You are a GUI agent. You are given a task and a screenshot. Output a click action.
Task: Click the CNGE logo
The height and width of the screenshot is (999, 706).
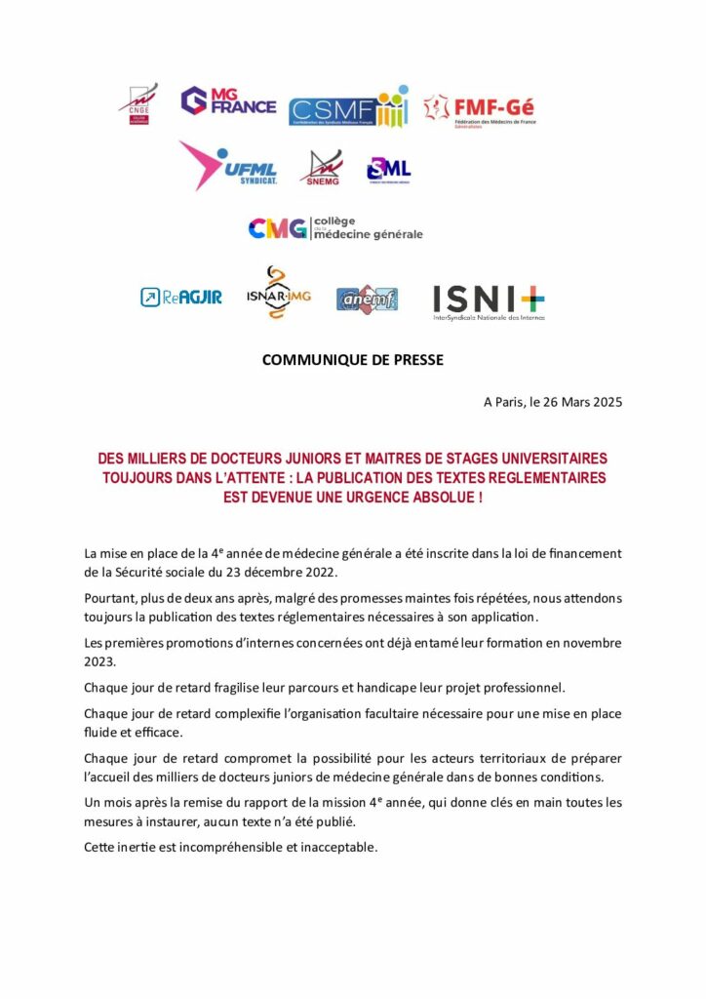137,102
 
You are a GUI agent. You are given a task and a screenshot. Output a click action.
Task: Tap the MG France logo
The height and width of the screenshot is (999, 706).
228,101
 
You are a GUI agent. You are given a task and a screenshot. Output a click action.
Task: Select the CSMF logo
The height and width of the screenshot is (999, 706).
348,106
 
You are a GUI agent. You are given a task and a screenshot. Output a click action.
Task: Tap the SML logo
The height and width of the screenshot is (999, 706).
388,170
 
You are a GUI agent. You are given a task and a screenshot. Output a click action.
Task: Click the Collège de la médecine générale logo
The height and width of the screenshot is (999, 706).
335,228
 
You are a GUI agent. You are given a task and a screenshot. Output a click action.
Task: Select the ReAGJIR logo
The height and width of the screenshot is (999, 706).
180,297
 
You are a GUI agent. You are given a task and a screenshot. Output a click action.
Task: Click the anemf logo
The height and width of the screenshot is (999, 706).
367,299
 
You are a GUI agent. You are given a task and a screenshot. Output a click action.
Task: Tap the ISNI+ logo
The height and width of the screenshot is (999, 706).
489,301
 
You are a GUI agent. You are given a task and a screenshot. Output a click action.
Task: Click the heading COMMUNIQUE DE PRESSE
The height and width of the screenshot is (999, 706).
352,360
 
